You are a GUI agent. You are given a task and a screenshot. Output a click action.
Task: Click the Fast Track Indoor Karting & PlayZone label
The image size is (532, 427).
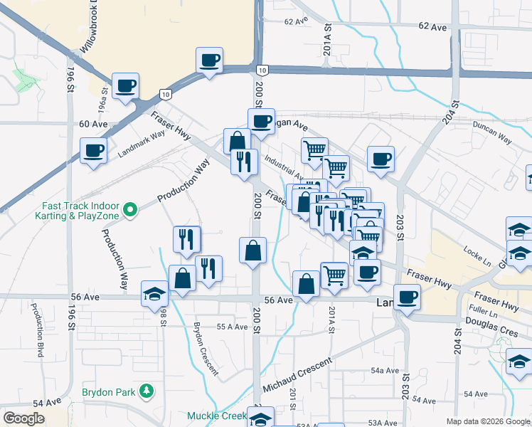click(x=78, y=211)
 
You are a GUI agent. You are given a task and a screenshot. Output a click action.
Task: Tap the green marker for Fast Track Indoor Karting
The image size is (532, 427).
click(x=129, y=210)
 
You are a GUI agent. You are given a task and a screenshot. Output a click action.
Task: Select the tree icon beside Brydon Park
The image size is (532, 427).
click(x=147, y=391)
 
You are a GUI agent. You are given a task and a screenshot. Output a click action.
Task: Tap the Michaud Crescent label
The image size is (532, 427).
click(x=297, y=375)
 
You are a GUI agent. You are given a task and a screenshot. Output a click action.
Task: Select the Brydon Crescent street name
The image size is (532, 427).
click(x=206, y=349)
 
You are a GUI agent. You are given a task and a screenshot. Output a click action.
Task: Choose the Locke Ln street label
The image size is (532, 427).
click(x=476, y=253)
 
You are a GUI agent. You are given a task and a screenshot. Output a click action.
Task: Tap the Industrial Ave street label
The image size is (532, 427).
click(x=283, y=169)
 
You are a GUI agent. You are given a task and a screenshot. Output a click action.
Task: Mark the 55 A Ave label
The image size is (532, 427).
click(x=232, y=327)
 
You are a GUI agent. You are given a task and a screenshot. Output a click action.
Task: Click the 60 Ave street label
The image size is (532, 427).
click(x=93, y=123)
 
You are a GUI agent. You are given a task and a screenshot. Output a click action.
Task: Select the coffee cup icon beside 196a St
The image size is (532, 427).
click(x=126, y=85)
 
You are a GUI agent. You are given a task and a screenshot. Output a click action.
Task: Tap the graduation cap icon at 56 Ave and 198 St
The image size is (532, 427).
click(x=154, y=293)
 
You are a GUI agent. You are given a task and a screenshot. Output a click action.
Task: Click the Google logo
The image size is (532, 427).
click(x=23, y=418)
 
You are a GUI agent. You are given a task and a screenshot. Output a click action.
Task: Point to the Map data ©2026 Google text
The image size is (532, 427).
click(x=486, y=421)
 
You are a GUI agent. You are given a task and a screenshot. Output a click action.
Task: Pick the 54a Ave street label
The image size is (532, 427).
click(x=385, y=370)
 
